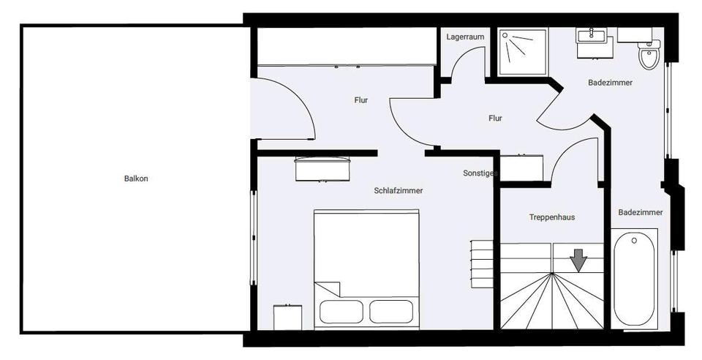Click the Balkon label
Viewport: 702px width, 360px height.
(136, 179)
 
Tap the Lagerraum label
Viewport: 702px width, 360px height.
(465, 37)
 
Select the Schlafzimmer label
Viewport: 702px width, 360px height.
(398, 190)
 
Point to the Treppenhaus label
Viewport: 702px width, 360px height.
(552, 217)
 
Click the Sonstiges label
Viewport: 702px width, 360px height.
(480, 173)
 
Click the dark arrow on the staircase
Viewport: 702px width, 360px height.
(578, 260)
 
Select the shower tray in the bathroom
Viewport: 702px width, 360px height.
(523, 51)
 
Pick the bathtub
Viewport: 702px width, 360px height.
(634, 278)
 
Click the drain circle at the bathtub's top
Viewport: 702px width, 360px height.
(634, 239)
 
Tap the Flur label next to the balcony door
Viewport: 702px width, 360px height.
(361, 100)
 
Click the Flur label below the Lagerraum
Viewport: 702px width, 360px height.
(495, 118)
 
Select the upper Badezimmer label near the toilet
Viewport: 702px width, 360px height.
(610, 83)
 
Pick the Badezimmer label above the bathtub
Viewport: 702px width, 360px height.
(640, 212)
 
